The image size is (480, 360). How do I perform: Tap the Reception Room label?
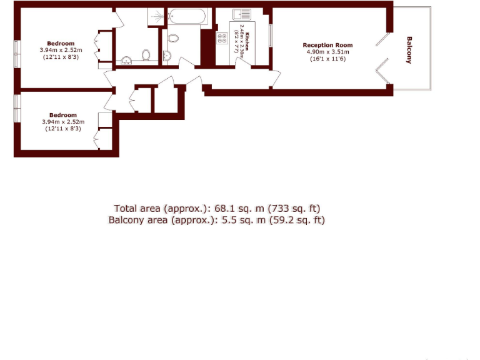(327, 45)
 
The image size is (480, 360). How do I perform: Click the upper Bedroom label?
(61, 44)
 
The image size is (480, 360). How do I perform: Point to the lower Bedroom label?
(63, 115)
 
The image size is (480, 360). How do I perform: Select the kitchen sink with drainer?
(242, 15)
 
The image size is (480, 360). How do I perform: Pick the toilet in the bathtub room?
(173, 38)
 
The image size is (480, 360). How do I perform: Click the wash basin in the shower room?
(126, 61)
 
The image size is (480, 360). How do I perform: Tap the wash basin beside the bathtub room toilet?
(167, 56)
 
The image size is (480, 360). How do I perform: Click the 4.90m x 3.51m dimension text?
(327, 52)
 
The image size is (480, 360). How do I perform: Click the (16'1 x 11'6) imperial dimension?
(327, 59)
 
